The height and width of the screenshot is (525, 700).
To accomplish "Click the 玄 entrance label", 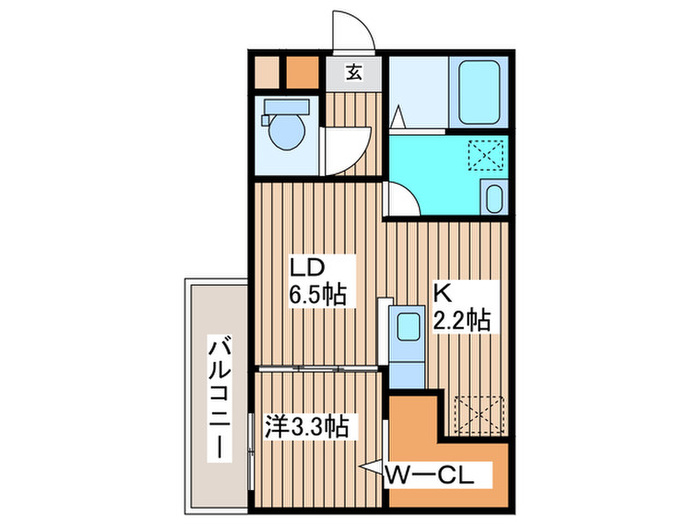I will tap(355, 72).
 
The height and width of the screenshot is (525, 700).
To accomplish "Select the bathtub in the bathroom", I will tap(480, 94).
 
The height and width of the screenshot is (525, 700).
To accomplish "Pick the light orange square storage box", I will tap(265, 72).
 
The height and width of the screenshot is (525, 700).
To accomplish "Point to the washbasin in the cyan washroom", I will tap(493, 199).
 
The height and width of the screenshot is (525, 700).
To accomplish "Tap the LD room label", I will tap(308, 268).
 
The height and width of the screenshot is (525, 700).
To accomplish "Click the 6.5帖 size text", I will tap(318, 296).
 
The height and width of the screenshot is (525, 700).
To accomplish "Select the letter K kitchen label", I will tap(441, 293).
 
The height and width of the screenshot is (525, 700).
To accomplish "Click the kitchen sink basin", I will tap(407, 326).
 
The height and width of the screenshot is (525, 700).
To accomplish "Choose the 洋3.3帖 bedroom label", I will tap(306, 428).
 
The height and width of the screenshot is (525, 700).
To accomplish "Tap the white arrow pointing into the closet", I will tap(372, 470).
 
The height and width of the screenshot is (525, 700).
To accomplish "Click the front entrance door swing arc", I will tap(355, 31).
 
